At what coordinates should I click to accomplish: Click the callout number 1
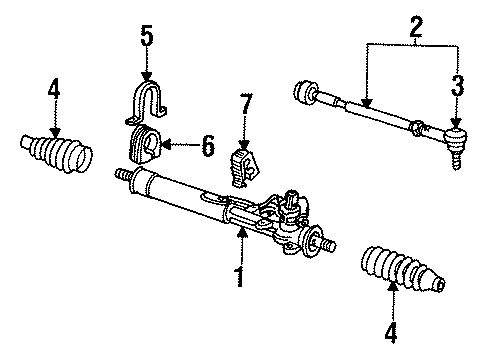(240, 277)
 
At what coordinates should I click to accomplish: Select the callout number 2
(416, 26)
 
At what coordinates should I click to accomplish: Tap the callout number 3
(457, 85)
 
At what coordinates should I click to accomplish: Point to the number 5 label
(147, 36)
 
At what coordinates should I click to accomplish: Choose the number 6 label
(208, 146)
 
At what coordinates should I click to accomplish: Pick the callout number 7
(246, 104)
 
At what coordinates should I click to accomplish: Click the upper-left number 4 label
(54, 88)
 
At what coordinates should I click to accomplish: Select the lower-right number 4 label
(391, 332)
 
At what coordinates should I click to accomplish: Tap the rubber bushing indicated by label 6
(144, 145)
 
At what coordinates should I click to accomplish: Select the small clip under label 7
(244, 168)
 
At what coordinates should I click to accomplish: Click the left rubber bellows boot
(57, 153)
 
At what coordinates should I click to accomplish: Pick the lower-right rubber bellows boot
(403, 269)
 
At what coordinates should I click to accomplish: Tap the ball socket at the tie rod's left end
(305, 91)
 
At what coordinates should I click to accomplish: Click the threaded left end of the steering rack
(123, 175)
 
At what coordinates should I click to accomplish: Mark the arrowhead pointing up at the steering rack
(242, 232)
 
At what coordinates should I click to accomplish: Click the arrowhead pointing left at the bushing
(166, 145)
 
